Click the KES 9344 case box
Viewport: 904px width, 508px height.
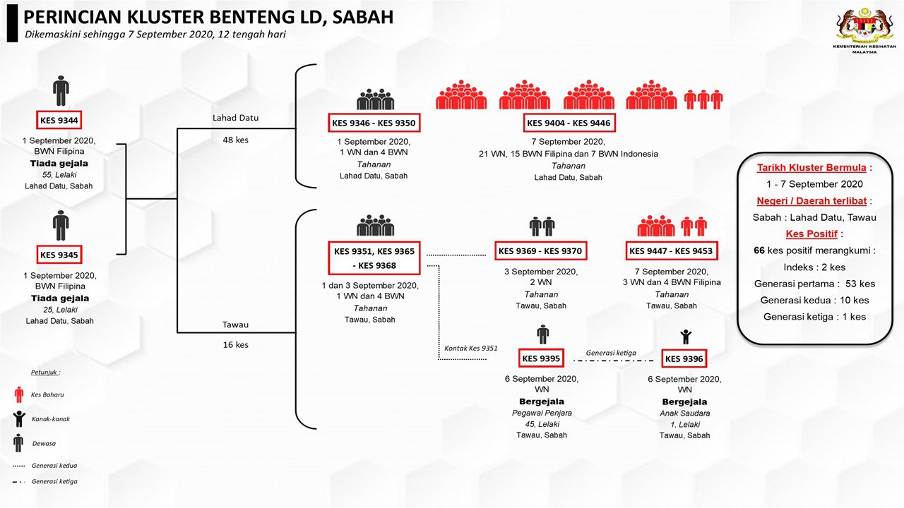[60, 119]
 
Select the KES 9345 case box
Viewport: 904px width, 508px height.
[60, 255]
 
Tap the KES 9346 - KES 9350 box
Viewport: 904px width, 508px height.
[374, 123]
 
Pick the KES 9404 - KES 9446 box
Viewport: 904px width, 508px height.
[569, 123]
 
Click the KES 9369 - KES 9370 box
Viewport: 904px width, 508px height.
[540, 250]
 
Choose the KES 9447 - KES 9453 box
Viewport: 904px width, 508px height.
[670, 250]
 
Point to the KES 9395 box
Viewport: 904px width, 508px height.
[541, 358]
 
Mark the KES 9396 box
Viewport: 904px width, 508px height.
[684, 359]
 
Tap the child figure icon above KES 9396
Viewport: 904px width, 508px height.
[684, 337]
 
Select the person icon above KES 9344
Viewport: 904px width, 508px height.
[61, 91]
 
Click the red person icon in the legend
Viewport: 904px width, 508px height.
[19, 394]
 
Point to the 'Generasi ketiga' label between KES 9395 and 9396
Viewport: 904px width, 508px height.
[612, 353]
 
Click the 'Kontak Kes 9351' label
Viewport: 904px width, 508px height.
[470, 348]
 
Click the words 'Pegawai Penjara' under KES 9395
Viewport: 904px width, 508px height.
[542, 413]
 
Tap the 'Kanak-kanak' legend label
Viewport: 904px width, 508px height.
[51, 419]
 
